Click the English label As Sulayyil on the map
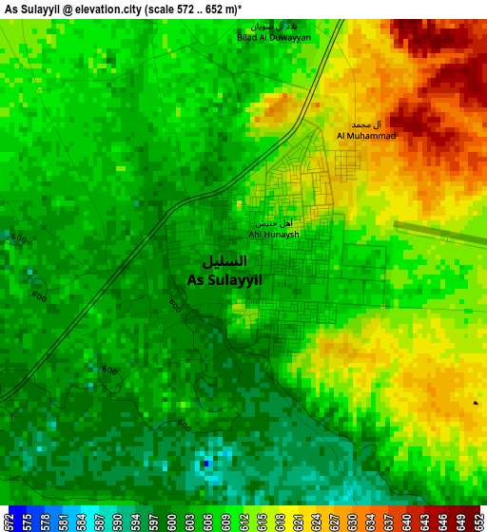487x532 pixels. [x=224, y=280]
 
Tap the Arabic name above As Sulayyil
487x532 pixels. [x=224, y=260]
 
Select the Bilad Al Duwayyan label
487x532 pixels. [x=274, y=37]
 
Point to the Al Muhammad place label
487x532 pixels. [x=366, y=136]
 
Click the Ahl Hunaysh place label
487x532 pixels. [x=274, y=234]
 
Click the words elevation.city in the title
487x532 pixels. [x=98, y=8]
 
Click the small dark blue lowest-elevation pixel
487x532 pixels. [x=205, y=464]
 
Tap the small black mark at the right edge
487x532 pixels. [x=476, y=403]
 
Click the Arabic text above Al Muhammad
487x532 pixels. [x=366, y=124]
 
